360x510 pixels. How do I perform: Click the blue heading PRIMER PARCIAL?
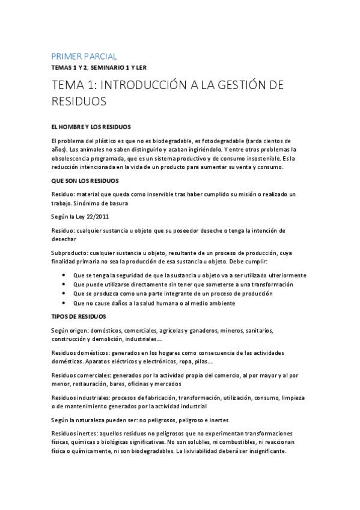coord(84,56)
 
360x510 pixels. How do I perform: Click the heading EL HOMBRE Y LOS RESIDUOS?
coord(91,126)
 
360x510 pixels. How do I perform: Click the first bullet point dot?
coord(64,275)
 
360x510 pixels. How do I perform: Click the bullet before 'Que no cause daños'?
coord(64,303)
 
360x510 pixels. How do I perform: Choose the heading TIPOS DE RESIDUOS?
coord(79,316)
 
